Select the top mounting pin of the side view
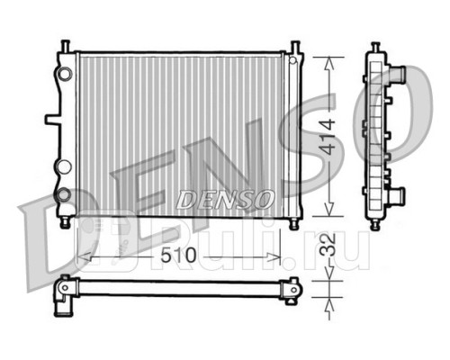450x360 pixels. [x=373, y=47]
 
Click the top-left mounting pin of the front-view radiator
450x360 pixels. [x=67, y=46]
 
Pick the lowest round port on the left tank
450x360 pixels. [x=62, y=193]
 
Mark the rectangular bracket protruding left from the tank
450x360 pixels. [x=49, y=119]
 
